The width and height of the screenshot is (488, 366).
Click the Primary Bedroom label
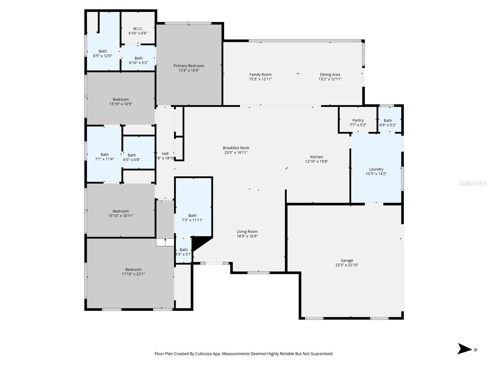pos(189,66)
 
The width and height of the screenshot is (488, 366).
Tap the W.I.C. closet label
pos(138,29)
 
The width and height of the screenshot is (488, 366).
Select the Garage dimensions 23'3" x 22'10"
pos(347,265)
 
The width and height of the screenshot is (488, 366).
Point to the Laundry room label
pos(376,169)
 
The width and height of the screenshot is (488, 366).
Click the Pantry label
pos(358,120)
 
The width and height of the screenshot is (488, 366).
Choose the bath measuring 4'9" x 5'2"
pos(388,123)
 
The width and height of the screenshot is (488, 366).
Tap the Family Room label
pos(260,75)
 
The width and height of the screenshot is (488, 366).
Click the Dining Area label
pos(330,75)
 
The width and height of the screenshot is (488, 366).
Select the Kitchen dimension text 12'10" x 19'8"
pos(317,162)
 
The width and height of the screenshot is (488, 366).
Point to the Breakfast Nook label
pos(236,148)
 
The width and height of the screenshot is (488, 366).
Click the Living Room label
pos(247,232)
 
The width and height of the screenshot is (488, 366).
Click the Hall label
pos(165,154)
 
